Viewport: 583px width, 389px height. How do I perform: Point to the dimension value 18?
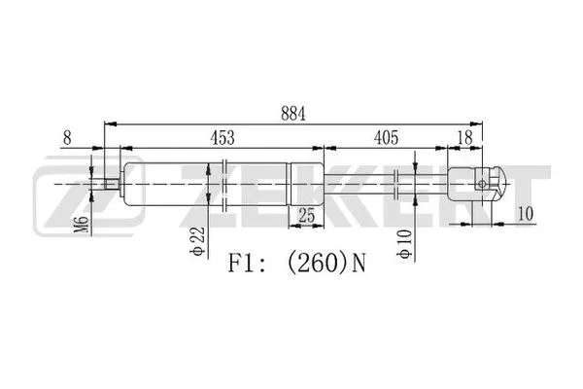[466, 137]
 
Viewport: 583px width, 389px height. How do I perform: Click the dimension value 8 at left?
[66, 137]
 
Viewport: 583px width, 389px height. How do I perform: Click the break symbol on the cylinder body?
[225, 182]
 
